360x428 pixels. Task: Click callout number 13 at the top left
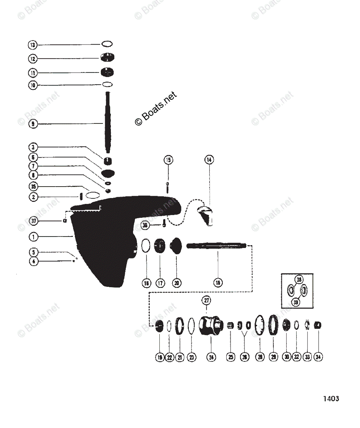click(33, 45)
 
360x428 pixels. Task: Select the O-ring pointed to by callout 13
click(107, 44)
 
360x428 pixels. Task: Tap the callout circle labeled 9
click(33, 124)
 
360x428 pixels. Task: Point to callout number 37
click(33, 221)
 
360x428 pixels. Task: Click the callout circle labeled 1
click(33, 236)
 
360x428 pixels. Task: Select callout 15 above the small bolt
click(168, 160)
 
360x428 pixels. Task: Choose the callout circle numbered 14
click(209, 160)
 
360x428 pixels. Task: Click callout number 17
click(160, 283)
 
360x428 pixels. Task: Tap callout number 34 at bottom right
click(318, 357)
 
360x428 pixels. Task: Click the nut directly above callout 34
click(318, 325)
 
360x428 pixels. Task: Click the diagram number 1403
click(331, 398)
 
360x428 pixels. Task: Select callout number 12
click(33, 59)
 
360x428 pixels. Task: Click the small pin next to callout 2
click(81, 197)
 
